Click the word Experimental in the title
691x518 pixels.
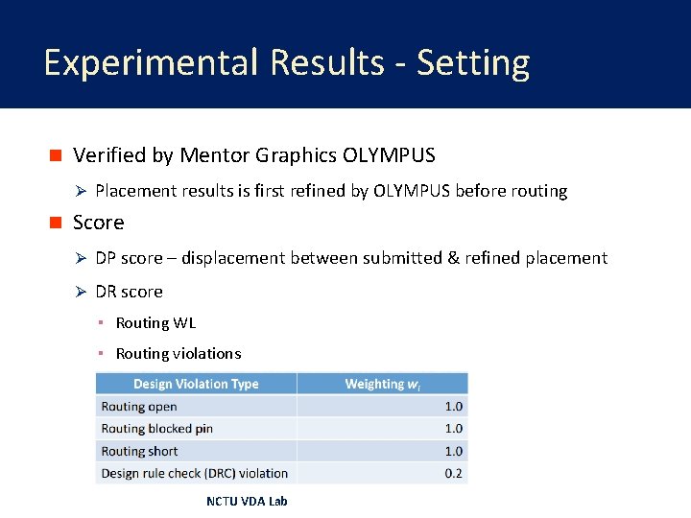click(x=152, y=63)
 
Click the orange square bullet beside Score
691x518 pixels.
click(x=56, y=223)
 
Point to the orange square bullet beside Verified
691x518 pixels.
click(x=56, y=155)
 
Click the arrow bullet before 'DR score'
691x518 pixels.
click(x=82, y=292)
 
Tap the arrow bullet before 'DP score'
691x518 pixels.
click(x=82, y=258)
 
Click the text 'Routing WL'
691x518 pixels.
click(x=155, y=323)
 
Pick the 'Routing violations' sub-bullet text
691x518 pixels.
click(x=179, y=354)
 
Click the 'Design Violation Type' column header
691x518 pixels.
click(x=196, y=384)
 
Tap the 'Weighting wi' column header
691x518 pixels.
click(x=382, y=384)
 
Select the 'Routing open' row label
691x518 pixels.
click(x=139, y=407)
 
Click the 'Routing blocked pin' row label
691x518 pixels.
click(x=156, y=429)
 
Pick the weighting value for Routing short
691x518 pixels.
click(x=453, y=451)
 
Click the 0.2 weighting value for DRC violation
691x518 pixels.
click(x=453, y=473)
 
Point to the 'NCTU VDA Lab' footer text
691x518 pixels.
click(x=247, y=501)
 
